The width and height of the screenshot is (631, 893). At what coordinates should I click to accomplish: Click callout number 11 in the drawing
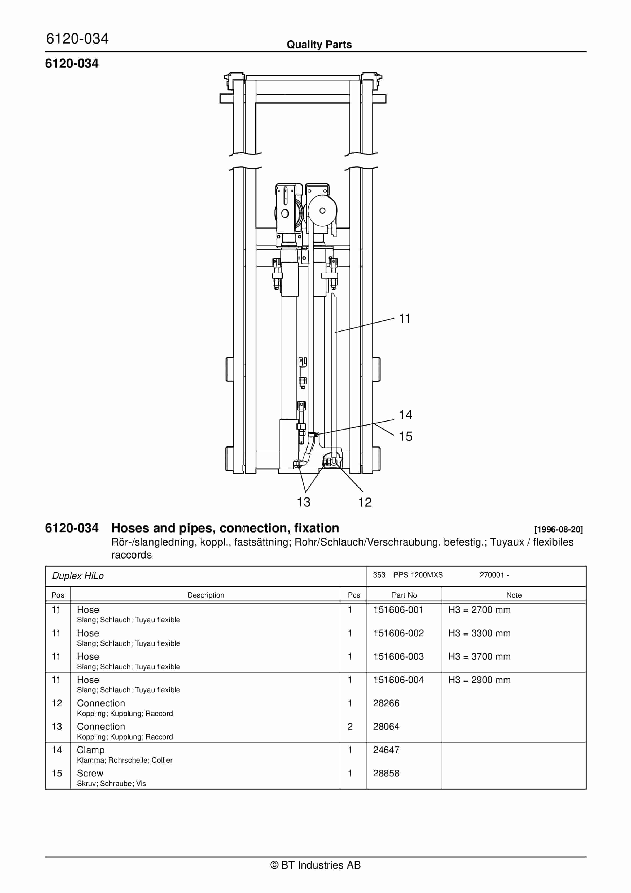405,319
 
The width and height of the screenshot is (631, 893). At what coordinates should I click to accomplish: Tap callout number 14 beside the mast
405,415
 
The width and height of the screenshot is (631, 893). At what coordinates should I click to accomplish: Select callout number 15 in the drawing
405,436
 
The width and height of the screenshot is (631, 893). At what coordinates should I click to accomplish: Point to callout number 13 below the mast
304,502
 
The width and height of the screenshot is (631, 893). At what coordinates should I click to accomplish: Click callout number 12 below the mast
365,502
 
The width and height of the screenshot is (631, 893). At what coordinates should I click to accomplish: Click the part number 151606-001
398,610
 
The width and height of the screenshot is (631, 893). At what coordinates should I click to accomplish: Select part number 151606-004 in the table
398,680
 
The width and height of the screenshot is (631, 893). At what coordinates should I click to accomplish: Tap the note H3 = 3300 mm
479,633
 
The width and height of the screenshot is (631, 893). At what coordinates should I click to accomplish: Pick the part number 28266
386,703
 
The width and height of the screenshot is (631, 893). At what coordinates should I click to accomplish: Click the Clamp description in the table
90,750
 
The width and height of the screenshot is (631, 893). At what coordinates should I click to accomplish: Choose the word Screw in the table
90,773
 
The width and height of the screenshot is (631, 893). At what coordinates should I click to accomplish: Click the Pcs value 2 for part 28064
350,727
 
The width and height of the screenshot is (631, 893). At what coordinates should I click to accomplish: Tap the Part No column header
404,595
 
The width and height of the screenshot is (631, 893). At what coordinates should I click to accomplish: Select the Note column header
514,595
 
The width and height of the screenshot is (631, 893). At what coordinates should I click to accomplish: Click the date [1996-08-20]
558,529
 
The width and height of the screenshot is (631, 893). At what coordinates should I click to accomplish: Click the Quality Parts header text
319,45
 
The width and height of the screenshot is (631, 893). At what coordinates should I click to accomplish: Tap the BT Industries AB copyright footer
315,865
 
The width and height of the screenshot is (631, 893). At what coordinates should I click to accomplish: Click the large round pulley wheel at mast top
322,211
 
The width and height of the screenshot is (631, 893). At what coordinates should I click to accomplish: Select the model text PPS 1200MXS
418,575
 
